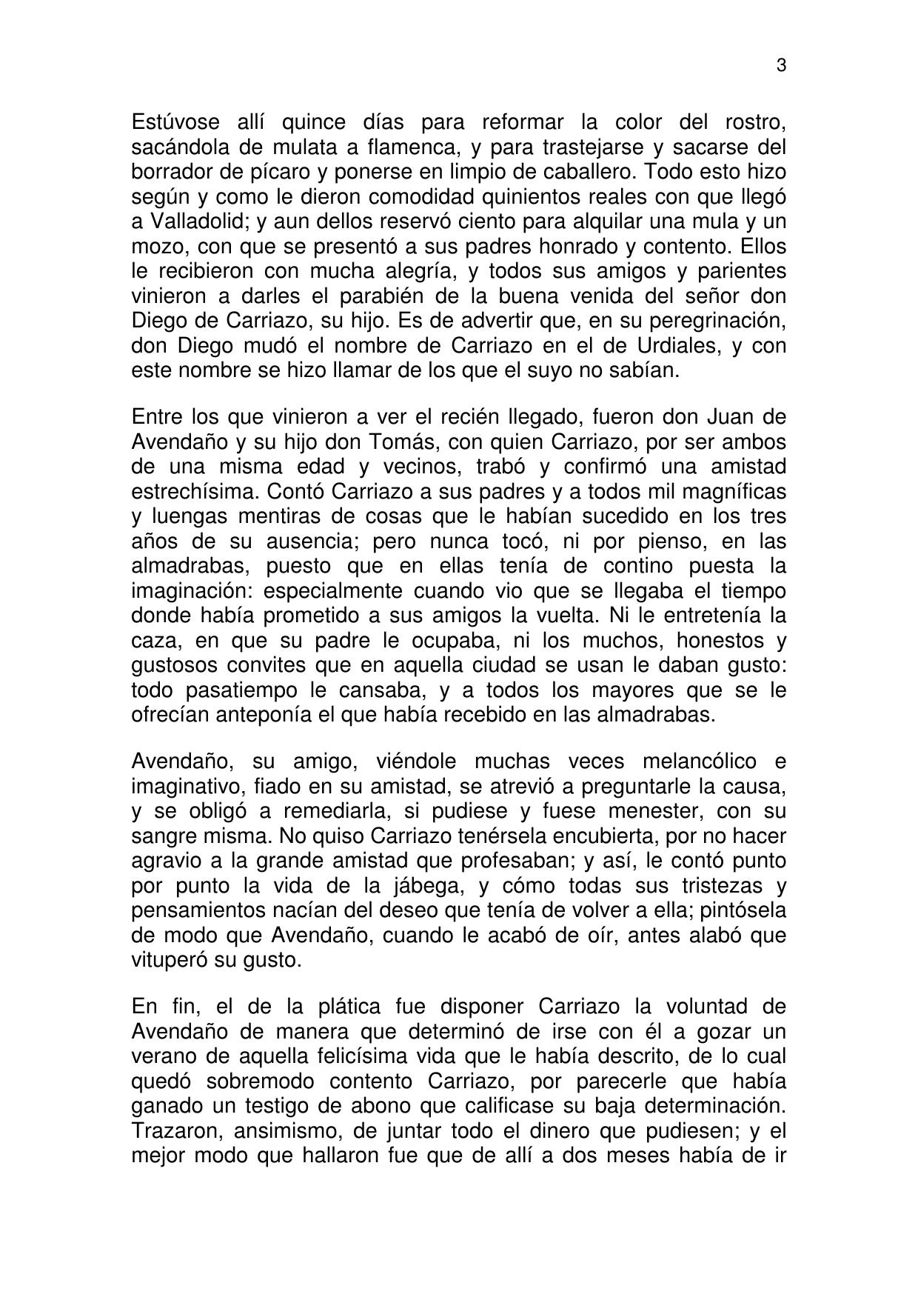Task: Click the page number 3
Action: [781, 66]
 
